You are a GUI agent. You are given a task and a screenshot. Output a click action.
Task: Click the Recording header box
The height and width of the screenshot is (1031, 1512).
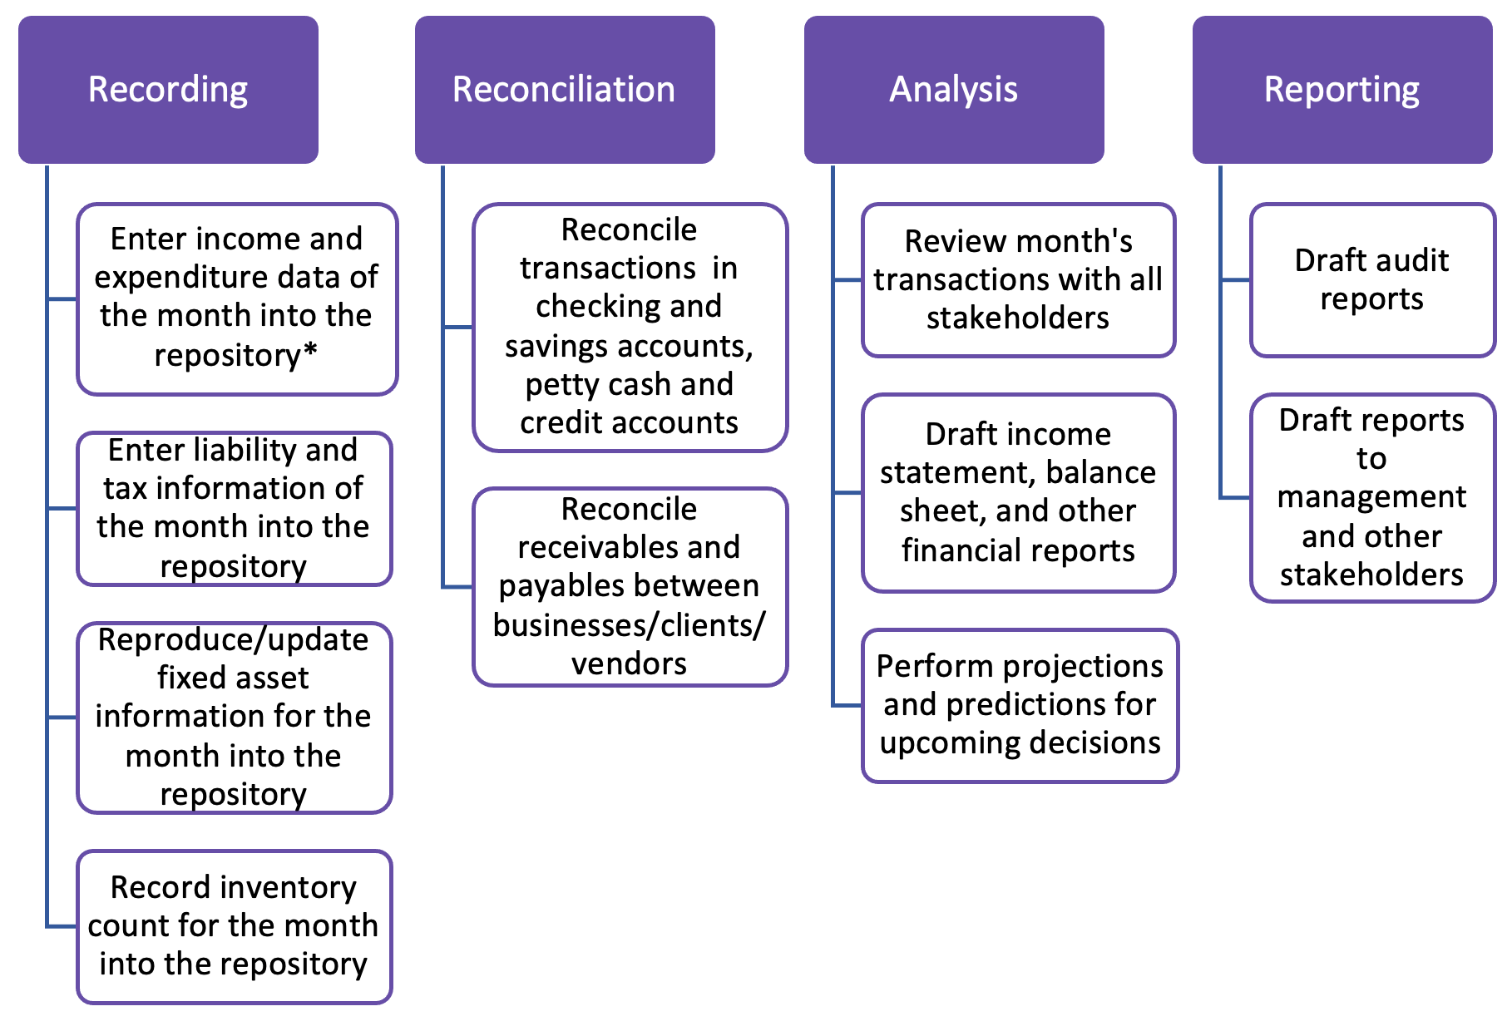pos(168,90)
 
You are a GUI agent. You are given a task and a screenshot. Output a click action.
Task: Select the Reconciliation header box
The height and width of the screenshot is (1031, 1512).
pos(565,90)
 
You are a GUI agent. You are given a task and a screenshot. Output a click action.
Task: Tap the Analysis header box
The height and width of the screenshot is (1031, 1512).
pos(954,90)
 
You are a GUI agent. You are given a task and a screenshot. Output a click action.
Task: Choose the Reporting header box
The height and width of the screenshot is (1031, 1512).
pos(1342,90)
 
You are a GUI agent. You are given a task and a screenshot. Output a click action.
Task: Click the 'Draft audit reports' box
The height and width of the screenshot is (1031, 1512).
pos(1372,280)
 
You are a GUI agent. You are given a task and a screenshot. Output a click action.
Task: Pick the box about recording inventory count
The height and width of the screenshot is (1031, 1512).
pos(234,926)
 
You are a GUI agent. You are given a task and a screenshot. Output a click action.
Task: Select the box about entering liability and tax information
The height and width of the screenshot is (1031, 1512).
pos(234,508)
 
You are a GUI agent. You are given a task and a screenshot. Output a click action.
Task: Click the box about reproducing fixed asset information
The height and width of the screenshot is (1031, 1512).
pos(234,717)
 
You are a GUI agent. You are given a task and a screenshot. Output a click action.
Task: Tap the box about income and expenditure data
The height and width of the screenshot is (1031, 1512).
pos(237,298)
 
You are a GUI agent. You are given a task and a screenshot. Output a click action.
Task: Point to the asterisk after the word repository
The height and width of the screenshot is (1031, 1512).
pos(310,352)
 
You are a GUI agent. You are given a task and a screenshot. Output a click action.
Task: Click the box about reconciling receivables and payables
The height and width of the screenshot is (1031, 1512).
pos(630,586)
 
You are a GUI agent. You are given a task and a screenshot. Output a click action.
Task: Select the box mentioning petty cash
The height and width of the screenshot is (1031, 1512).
pos(630,327)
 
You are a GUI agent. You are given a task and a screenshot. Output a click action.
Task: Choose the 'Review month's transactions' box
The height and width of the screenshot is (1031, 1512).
pos(1018,280)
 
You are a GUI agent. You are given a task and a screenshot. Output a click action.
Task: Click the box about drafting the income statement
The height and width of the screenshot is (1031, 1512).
pos(1018,492)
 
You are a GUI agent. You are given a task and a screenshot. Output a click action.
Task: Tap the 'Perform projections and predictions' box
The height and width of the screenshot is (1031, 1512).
pos(1020,705)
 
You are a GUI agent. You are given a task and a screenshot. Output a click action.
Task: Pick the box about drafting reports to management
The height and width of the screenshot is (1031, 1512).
pos(1372,497)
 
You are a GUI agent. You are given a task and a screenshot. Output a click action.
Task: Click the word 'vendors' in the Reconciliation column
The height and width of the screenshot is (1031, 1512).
pos(630,663)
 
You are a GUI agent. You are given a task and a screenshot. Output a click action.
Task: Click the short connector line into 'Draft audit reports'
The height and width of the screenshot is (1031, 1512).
pos(1236,280)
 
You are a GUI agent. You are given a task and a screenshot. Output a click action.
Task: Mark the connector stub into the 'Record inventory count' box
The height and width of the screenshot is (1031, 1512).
pos(62,926)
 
